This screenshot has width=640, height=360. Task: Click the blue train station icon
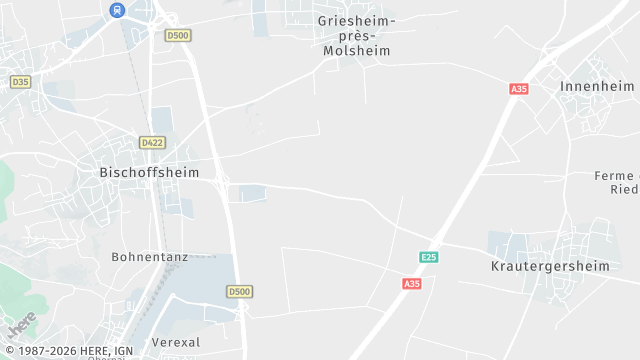[x=118, y=10]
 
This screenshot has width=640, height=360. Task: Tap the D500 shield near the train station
[x=178, y=35]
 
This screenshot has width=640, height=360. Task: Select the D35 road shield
[x=19, y=81]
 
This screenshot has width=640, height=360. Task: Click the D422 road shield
[x=152, y=143]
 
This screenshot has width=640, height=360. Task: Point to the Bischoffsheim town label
[x=149, y=172]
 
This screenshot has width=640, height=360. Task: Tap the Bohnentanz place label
[x=150, y=257]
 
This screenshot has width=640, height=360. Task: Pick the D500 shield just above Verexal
[x=238, y=292]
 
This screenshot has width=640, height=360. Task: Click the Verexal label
[x=176, y=342]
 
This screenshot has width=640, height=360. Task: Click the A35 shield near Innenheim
[x=518, y=89]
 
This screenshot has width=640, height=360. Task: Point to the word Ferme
[x=614, y=176]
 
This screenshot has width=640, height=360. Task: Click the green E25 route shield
[x=428, y=258]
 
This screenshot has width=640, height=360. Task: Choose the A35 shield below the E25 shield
[x=411, y=284]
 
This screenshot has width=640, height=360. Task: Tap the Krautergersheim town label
[x=551, y=266]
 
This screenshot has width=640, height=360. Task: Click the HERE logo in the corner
[x=22, y=326]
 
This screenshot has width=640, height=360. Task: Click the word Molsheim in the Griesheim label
[x=356, y=50]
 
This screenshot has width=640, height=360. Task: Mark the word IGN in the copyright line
[x=124, y=351]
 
